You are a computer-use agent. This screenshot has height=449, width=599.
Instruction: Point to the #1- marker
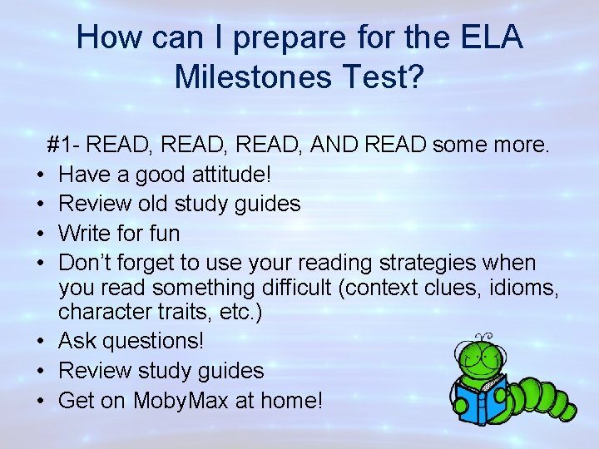tap(64, 146)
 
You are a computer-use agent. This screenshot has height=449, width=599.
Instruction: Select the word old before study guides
tap(166, 203)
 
